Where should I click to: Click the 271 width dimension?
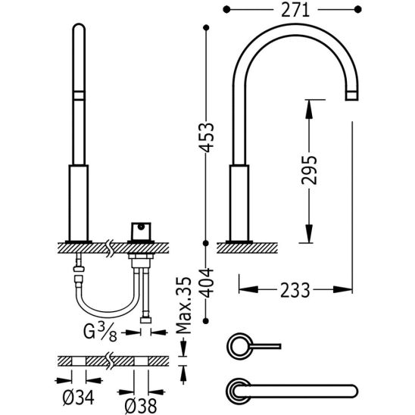tap(292, 11)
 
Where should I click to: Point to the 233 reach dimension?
tap(295, 289)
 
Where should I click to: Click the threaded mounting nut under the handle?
tap(140, 261)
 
